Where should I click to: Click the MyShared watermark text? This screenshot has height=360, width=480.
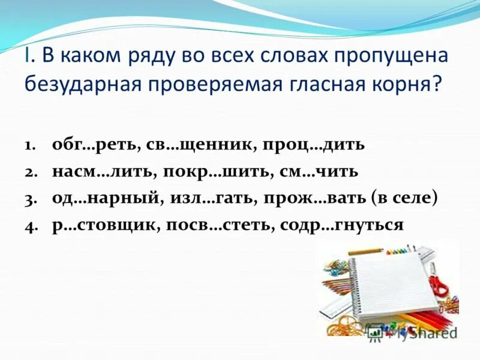pyautogui.click(x=420, y=332)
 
